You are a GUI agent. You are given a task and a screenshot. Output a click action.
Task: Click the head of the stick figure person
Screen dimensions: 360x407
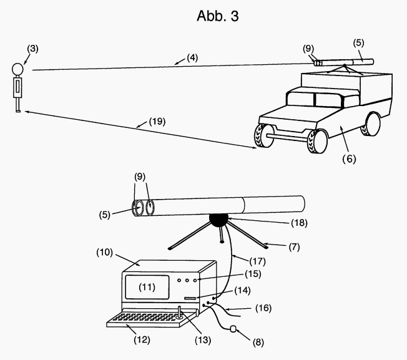click(19, 69)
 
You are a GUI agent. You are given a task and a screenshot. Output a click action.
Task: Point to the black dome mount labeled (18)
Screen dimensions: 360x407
click(219, 220)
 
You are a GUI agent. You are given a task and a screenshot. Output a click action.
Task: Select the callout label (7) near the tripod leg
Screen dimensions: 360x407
click(278, 246)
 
